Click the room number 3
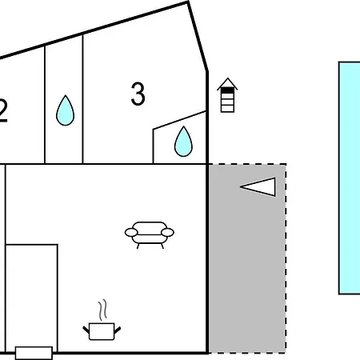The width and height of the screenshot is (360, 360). pos(138,94)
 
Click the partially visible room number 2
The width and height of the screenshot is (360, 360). pos(3,110)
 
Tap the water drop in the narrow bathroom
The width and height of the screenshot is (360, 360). pos(66,110)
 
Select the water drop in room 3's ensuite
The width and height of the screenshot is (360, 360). pos(183,142)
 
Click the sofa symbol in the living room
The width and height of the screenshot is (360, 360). pos(150,235)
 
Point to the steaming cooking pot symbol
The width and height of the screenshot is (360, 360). pos(102,320)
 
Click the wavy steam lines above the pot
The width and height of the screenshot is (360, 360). pos(102,310)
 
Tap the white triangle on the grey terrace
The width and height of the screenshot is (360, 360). pos(258,187)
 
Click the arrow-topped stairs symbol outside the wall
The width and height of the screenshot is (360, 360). pos(227,95)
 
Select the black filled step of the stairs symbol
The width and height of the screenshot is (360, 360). pos(227,90)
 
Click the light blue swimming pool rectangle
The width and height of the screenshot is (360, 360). pos(350,178)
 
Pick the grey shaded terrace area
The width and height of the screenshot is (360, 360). pos(247,258)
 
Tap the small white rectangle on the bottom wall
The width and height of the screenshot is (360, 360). pos(34,353)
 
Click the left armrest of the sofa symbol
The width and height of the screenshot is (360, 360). pos(131,233)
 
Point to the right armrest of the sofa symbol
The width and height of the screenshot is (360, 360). pos(168,233)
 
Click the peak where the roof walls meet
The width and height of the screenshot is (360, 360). pos(188,2)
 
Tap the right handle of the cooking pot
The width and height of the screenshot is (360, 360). pos(118,330)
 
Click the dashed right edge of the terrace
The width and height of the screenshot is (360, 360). pos(286,258)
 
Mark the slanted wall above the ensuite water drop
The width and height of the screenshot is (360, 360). pos(179,120)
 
